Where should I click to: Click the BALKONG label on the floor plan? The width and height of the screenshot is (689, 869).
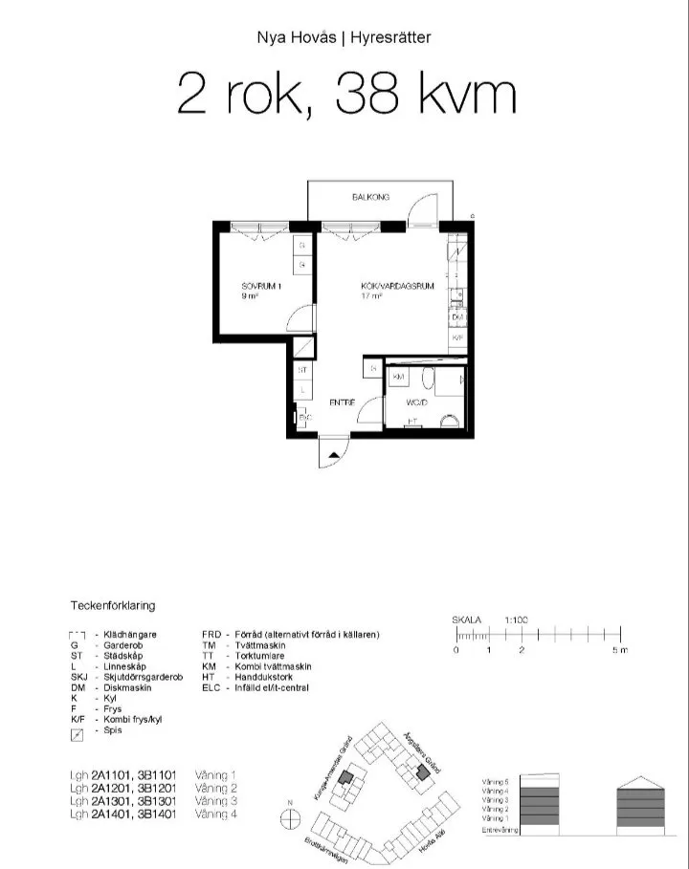(x=370, y=197)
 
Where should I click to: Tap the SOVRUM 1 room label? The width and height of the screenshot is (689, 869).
(x=261, y=286)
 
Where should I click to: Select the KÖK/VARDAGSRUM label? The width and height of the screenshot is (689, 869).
(x=386, y=286)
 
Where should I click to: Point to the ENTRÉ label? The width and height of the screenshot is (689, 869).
(x=343, y=402)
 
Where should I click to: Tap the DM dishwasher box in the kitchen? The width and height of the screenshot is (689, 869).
(x=457, y=317)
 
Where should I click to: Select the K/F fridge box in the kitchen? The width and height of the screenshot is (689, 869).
(x=457, y=338)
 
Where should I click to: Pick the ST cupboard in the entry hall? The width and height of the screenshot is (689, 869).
(x=302, y=369)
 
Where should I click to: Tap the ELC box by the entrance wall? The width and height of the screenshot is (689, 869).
(x=304, y=418)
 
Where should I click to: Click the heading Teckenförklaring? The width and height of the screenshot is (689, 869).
(x=113, y=605)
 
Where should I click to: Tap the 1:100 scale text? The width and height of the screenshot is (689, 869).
(x=517, y=619)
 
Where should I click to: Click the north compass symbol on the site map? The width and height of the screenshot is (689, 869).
(x=289, y=818)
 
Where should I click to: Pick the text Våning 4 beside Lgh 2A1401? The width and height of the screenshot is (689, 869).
(x=215, y=815)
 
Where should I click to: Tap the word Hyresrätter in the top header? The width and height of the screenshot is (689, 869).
(x=390, y=38)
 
